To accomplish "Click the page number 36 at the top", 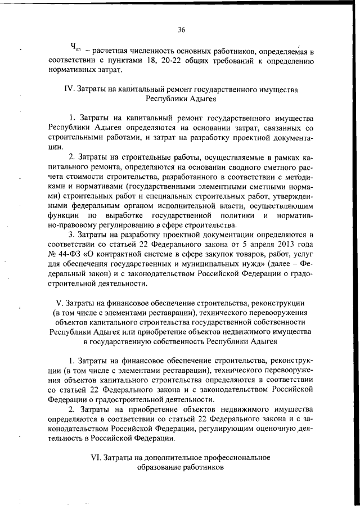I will (180, 30).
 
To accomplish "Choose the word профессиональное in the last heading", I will (236, 457).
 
